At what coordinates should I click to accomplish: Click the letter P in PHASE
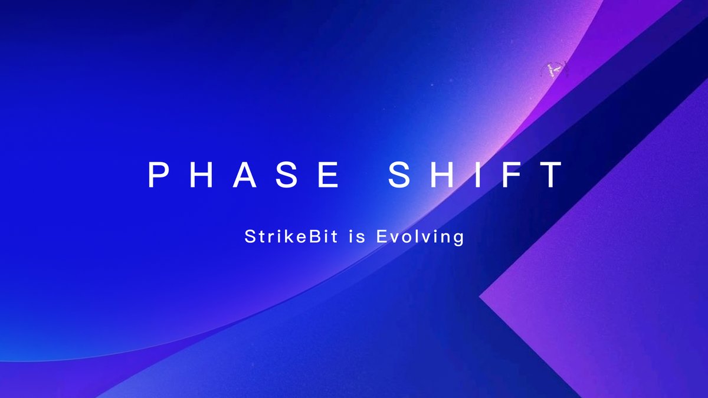pos(158,175)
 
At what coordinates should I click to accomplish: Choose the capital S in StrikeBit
pos(249,238)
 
